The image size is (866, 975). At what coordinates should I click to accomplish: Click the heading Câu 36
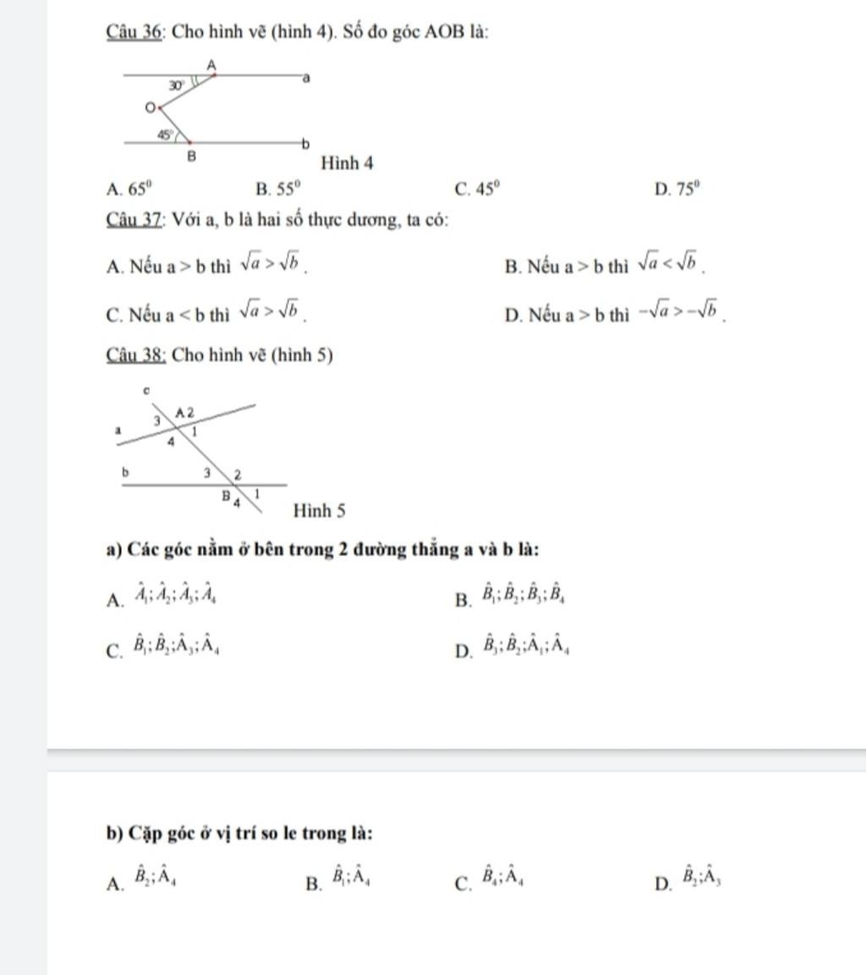point(134,32)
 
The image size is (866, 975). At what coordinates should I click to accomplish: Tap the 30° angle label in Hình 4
point(176,85)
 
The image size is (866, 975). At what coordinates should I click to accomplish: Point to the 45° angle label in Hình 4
point(165,134)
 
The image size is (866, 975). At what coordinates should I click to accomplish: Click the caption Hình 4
point(348,162)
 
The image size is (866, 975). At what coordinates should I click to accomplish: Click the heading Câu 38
point(135,355)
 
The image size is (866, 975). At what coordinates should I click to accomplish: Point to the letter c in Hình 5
point(145,390)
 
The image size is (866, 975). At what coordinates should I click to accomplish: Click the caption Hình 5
point(319,510)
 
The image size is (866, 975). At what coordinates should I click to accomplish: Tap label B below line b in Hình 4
point(191,157)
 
